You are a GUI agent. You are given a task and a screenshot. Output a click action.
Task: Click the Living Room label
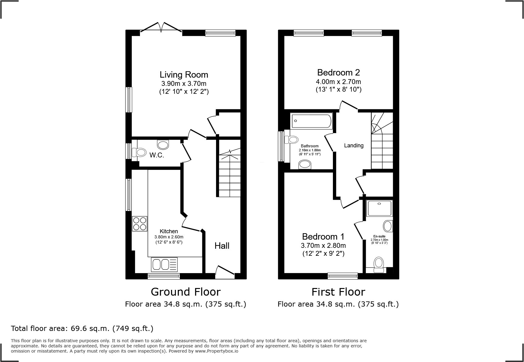(184, 75)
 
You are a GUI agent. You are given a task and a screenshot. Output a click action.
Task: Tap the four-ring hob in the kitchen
(140, 223)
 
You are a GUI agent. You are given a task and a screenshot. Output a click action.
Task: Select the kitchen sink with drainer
(164, 264)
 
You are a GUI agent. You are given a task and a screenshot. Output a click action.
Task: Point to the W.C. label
(157, 155)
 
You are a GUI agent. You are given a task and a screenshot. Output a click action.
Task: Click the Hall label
(222, 246)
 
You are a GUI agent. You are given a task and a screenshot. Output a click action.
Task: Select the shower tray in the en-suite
(379, 208)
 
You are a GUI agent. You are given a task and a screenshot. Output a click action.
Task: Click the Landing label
(354, 146)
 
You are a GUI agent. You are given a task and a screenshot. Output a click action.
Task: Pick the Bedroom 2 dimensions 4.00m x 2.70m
(338, 82)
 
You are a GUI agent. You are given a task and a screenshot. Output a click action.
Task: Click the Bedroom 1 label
(323, 237)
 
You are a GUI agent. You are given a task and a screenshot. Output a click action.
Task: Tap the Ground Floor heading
(186, 292)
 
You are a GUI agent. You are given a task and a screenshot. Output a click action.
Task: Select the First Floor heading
(338, 292)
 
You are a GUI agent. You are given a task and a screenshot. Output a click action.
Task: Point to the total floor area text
(82, 329)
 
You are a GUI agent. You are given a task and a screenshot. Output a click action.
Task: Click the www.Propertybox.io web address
(217, 351)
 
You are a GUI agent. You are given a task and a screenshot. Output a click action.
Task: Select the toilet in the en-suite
(379, 265)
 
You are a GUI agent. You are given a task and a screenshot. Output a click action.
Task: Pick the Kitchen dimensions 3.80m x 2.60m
(169, 237)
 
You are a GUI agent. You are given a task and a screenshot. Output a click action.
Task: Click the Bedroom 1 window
(343, 276)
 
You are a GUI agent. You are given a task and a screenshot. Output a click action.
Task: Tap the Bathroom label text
(310, 146)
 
